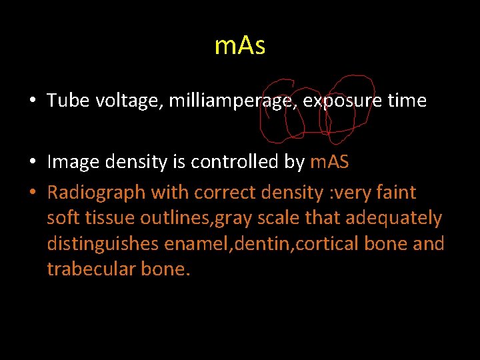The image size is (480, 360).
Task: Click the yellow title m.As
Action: pyautogui.click(x=240, y=46)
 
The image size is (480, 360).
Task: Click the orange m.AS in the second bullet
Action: pyautogui.click(x=329, y=162)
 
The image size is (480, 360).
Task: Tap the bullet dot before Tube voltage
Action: pyautogui.click(x=33, y=101)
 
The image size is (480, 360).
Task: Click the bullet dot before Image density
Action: pyautogui.click(x=33, y=163)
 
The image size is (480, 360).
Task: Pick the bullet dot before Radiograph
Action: pyautogui.click(x=33, y=193)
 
